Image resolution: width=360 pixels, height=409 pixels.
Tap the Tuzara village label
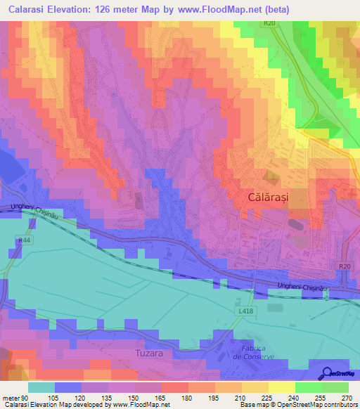pos(149,353)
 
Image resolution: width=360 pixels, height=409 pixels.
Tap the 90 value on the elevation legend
pos(23,397)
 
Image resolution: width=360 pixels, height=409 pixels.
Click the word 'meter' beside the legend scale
pos(10,397)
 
